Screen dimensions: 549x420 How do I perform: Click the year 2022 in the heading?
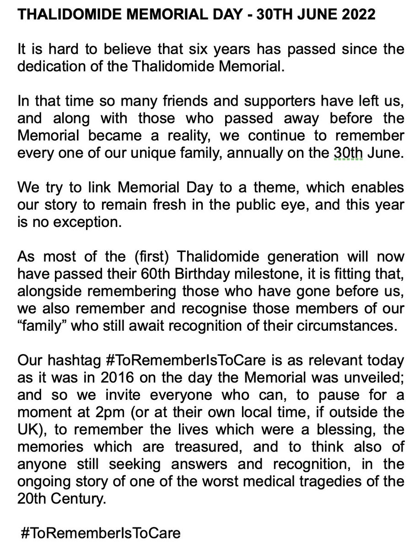[357, 14]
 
